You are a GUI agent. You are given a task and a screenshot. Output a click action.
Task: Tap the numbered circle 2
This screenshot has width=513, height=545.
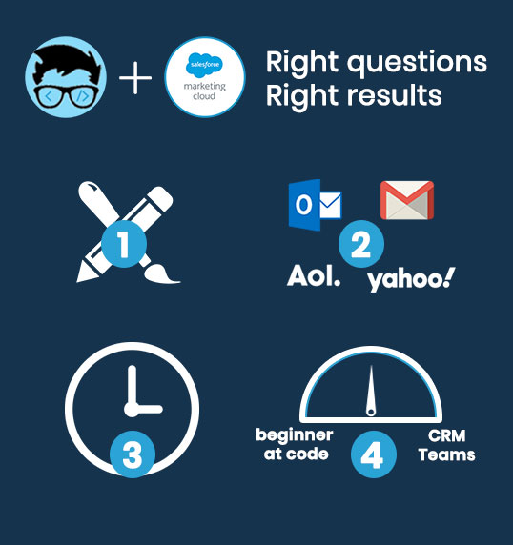coord(360,245)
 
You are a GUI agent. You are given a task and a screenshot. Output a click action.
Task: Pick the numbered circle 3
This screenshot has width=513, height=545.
coord(133,454)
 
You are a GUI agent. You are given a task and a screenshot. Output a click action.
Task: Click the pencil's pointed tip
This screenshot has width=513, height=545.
coord(82,275)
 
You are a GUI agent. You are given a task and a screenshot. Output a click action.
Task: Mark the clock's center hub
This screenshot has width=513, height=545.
coord(131,408)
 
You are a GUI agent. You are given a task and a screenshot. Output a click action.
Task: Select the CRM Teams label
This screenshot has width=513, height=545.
coord(446,445)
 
